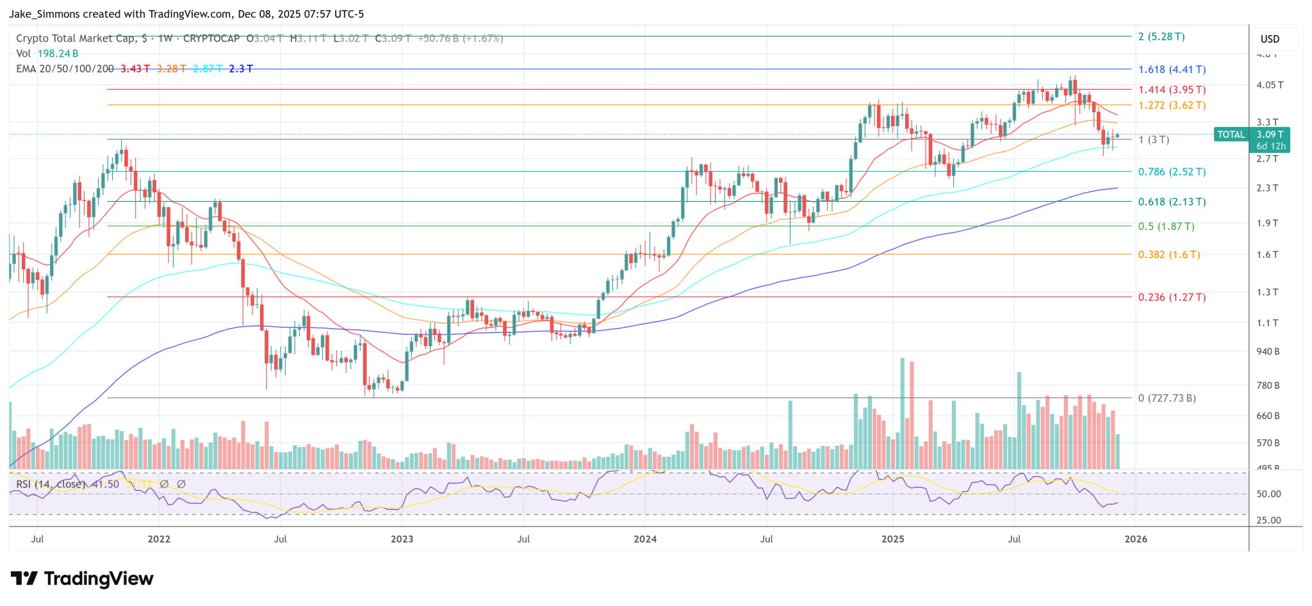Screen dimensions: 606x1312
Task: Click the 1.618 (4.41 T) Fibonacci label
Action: (x=1172, y=69)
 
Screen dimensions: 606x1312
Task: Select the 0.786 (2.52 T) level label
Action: (x=1172, y=172)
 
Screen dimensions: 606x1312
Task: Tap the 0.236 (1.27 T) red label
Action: (x=1172, y=297)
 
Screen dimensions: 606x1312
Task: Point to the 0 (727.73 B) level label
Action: (x=1167, y=398)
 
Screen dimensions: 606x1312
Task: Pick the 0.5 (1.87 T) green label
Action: (x=1166, y=226)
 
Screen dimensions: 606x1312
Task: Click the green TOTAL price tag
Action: (x=1231, y=135)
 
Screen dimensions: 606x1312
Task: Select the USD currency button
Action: (x=1270, y=39)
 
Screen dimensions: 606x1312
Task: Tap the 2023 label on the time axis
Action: (x=402, y=539)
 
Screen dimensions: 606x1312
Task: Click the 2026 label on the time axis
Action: (x=1136, y=539)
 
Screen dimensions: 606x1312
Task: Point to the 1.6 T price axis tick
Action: (x=1267, y=254)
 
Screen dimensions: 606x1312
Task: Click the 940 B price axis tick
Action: (x=1268, y=351)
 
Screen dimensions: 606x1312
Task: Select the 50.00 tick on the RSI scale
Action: (x=1268, y=494)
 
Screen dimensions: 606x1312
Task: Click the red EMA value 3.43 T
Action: (x=135, y=69)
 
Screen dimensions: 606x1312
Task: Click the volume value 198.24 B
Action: (x=58, y=53)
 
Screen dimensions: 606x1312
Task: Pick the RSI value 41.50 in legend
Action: (x=105, y=484)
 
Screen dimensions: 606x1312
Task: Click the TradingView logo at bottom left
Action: (x=83, y=578)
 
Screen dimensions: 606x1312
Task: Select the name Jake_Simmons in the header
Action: (x=40, y=13)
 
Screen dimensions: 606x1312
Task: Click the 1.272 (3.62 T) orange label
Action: (x=1172, y=105)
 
